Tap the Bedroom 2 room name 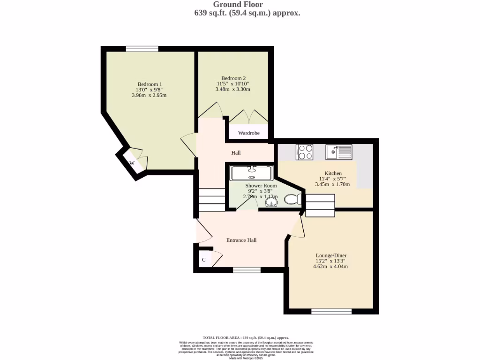(233, 78)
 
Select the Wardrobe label (248, 133)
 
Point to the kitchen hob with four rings (305, 152)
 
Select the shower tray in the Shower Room (251, 172)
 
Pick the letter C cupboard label (204, 260)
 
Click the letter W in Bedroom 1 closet (132, 163)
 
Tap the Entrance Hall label (241, 240)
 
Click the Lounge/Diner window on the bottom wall (331, 311)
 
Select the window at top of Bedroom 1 (142, 48)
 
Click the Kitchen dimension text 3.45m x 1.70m (332, 184)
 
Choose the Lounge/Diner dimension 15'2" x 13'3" (330, 261)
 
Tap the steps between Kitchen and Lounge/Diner (321, 205)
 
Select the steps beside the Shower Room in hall (211, 200)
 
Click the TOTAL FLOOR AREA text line (246, 337)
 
